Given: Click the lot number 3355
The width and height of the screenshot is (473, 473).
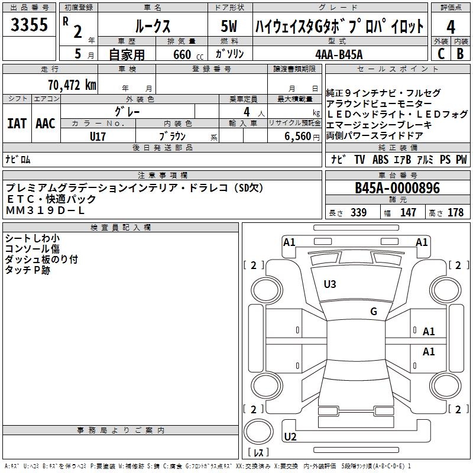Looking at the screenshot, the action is click(30, 25).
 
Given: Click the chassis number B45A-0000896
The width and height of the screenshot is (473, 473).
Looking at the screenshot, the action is click(397, 188).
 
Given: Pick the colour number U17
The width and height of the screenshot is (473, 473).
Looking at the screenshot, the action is click(98, 137).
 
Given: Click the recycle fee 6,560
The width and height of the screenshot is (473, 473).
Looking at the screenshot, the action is click(297, 137).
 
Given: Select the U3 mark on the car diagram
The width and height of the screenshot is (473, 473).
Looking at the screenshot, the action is click(330, 284).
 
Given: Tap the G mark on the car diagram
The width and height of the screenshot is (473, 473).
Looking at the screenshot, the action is click(373, 312).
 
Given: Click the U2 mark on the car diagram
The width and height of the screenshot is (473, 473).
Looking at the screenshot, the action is click(290, 437).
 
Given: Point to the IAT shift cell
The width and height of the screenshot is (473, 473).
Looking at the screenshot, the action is click(17, 124).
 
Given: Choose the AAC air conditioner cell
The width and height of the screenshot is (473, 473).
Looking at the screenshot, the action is click(45, 124).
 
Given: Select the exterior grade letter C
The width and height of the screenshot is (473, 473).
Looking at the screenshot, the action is click(440, 54).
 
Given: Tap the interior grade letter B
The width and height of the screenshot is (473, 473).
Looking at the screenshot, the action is click(460, 54).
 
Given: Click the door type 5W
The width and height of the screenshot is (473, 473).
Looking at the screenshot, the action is click(230, 27).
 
